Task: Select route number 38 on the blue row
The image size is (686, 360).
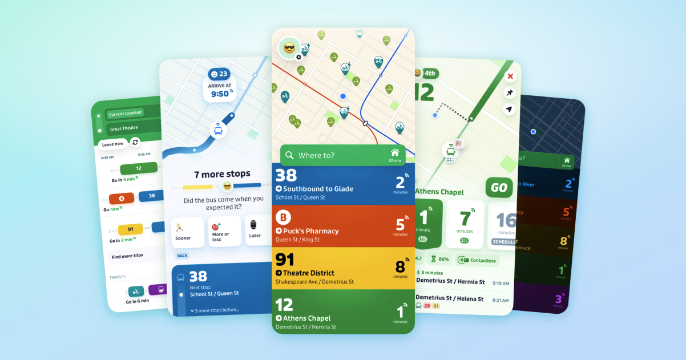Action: pyautogui.click(x=285, y=175)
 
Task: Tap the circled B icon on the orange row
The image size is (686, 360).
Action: pyautogui.click(x=284, y=217)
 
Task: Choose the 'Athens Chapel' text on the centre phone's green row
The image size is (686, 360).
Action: pyautogui.click(x=306, y=318)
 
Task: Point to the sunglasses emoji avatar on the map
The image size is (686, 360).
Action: pyautogui.click(x=289, y=48)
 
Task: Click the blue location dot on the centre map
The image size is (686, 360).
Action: pyautogui.click(x=343, y=96)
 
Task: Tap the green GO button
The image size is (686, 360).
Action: pyautogui.click(x=499, y=188)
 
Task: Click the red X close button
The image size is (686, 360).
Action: pyautogui.click(x=510, y=76)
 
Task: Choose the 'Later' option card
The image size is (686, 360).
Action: pyautogui.click(x=255, y=230)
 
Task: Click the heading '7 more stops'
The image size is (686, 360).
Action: pyautogui.click(x=221, y=174)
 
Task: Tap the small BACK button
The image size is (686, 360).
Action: pyautogui.click(x=183, y=256)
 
